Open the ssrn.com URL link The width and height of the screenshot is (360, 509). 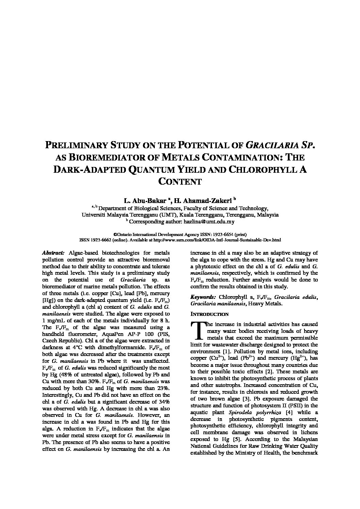click(x=217, y=240)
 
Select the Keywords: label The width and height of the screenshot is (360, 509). click(x=203, y=297)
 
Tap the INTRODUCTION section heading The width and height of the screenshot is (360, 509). click(x=209, y=314)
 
